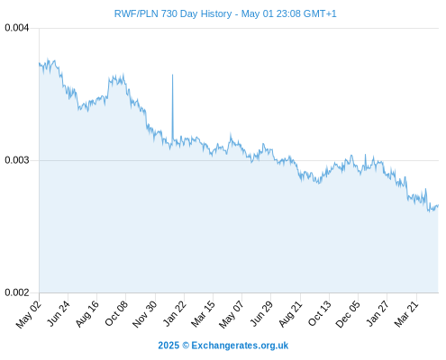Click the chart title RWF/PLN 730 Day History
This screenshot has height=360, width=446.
click(173, 13)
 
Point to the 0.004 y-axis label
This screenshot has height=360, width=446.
click(17, 28)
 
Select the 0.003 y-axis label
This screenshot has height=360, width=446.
click(17, 160)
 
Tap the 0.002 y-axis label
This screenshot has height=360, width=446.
click(17, 292)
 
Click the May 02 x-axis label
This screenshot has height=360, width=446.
click(29, 314)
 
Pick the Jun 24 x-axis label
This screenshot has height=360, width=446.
click(59, 313)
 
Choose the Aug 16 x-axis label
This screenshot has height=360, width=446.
click(87, 314)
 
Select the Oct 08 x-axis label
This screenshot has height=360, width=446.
click(116, 313)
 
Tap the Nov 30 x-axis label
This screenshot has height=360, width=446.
click(145, 314)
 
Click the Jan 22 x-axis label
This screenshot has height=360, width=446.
click(175, 313)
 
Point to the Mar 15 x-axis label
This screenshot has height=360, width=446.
click(203, 314)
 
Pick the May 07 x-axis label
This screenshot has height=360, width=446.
click(232, 314)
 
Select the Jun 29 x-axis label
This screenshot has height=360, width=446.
click(261, 313)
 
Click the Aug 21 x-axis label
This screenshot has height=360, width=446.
click(290, 314)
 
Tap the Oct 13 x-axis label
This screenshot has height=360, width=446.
click(320, 313)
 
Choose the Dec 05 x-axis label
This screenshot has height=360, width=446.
click(348, 314)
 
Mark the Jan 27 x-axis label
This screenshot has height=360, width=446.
click(378, 313)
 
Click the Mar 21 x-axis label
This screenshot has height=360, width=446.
click(406, 314)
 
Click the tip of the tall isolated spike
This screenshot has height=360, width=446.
click(172, 75)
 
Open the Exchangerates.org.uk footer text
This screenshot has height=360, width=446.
click(240, 346)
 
